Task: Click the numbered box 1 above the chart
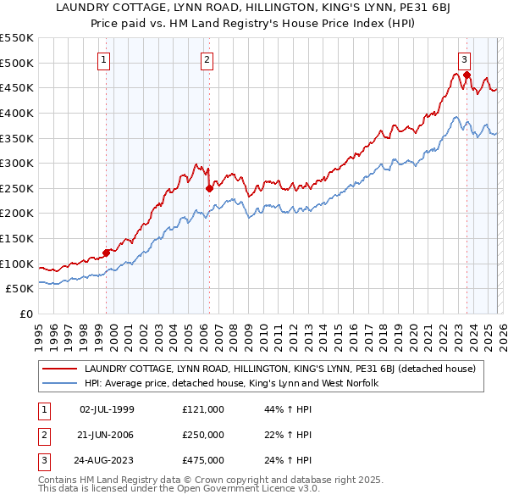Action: point(103,59)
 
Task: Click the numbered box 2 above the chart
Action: point(207,59)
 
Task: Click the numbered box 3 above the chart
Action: point(465,59)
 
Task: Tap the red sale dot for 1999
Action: point(107,252)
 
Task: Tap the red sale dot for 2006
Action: point(209,188)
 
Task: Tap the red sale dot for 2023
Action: point(467,75)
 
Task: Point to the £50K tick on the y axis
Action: point(20,288)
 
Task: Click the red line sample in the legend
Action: point(60,369)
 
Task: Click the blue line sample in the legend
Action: point(60,383)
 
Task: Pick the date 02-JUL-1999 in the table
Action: point(107,408)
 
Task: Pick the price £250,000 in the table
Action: point(203,435)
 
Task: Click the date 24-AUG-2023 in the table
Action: point(107,461)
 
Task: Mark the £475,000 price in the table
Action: point(203,461)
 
